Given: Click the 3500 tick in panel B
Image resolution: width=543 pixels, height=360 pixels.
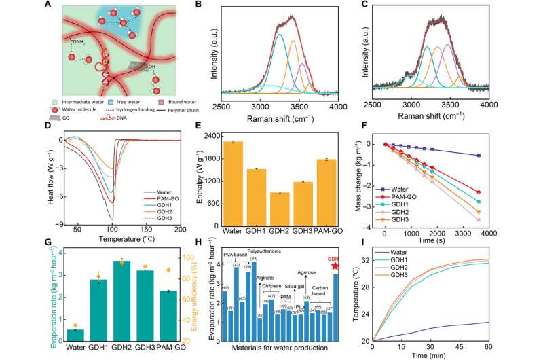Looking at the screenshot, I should coord(299,107).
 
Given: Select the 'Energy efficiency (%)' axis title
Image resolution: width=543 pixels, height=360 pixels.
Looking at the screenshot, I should coord(198,293).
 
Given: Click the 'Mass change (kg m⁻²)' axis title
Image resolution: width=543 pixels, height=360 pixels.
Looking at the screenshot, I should coord(356,179).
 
